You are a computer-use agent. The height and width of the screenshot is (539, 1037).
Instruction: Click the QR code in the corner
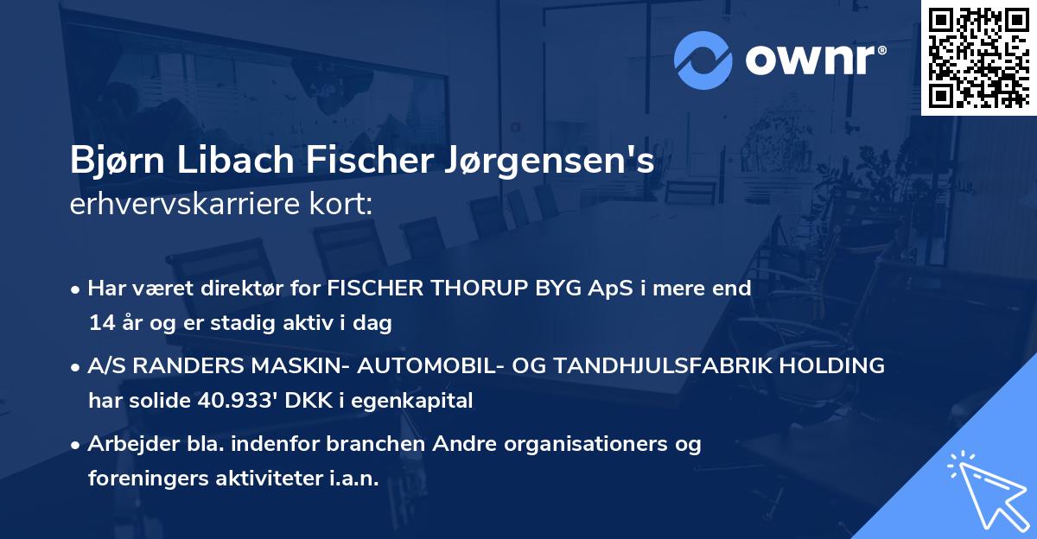978,57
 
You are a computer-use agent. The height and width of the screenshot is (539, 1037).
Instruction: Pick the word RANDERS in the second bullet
176,366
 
